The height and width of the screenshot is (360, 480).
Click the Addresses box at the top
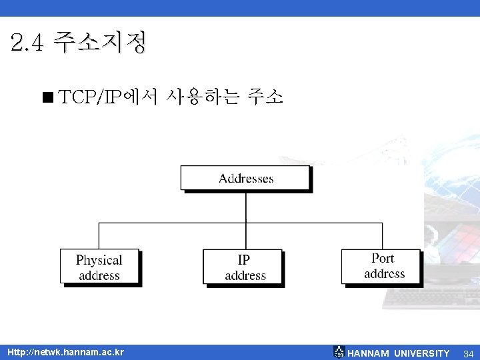[246, 179]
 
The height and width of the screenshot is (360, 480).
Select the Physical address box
[99, 267]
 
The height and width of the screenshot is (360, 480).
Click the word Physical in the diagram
[99, 260]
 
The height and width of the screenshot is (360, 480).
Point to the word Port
[383, 258]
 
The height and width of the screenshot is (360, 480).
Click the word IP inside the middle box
[245, 260]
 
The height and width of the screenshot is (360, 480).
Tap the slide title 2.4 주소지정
[79, 43]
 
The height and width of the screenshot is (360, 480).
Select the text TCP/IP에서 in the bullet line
[107, 98]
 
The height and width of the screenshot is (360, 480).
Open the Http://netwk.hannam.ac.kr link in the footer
[65, 352]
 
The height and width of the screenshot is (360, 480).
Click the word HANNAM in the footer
[369, 353]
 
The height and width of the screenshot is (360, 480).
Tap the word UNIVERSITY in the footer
[422, 353]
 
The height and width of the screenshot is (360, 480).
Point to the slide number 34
[468, 353]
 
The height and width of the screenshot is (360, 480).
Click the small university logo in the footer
[339, 352]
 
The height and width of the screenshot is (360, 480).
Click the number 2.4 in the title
[27, 43]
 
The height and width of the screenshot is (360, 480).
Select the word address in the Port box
[385, 273]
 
